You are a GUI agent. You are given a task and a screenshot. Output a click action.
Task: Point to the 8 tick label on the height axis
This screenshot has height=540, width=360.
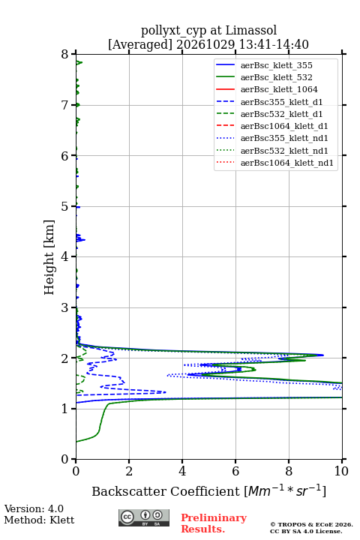pos(65,55)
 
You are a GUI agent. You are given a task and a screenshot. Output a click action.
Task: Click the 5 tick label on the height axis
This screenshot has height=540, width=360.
pos(65,207)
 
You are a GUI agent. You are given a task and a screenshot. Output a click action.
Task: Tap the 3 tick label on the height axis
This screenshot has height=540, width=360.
pos(65,307)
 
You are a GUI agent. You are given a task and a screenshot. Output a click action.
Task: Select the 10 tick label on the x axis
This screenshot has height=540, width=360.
pos(341,471)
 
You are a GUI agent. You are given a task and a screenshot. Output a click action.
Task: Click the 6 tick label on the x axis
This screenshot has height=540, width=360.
pos(235,471)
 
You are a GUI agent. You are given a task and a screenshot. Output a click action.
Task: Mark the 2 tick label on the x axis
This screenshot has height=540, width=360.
pos(129,471)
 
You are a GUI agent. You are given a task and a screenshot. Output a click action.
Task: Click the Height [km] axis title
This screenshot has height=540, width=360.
pos(49,257)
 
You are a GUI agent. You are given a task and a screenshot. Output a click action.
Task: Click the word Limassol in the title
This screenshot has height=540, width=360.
pos(251,31)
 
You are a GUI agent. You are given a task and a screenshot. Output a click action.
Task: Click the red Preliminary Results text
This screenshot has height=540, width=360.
pos(214,523)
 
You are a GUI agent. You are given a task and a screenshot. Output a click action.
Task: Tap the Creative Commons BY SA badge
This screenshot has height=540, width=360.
pos(144,517)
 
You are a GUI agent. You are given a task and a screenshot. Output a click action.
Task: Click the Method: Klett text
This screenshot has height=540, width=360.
pos(39,520)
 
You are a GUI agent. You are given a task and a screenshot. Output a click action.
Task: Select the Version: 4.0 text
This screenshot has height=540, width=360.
pos(34,508)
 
